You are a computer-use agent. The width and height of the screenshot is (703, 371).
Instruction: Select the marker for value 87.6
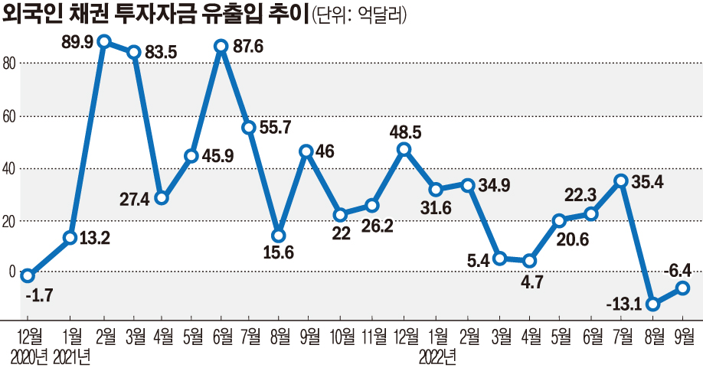pyautogui.click(x=222, y=47)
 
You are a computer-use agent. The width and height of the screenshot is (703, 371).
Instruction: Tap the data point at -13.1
pyautogui.click(x=652, y=304)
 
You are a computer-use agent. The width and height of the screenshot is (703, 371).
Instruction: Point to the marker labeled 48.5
pyautogui.click(x=404, y=149)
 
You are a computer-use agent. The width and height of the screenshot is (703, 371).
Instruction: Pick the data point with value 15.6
pyautogui.click(x=279, y=236)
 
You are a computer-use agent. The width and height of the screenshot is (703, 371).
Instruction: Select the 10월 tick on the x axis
pyautogui.click(x=342, y=335)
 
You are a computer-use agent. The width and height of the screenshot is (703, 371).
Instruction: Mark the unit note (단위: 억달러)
pyautogui.click(x=359, y=14)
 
